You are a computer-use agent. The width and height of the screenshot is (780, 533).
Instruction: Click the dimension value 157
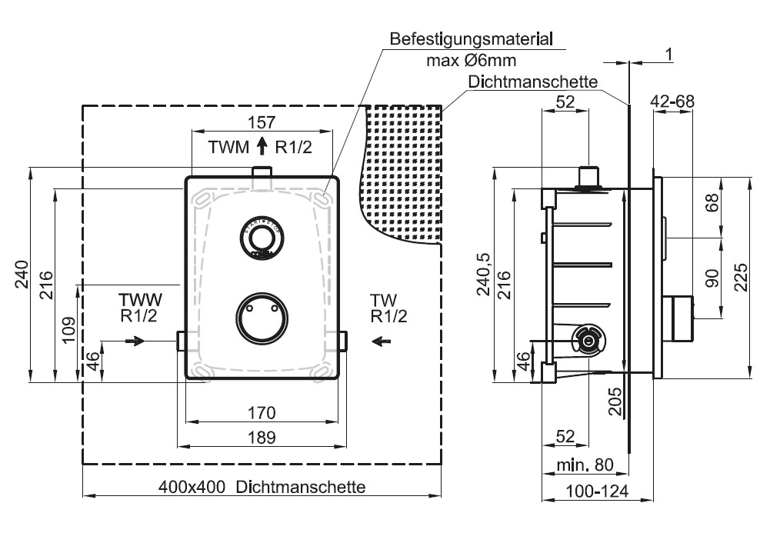(x=262, y=122)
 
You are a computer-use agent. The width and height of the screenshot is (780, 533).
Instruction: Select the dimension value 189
(x=262, y=437)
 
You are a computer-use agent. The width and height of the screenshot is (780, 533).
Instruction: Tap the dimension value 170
(x=262, y=413)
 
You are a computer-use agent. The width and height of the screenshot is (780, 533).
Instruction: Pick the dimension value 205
(x=616, y=401)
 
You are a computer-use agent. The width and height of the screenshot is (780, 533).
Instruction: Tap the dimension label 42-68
(x=672, y=101)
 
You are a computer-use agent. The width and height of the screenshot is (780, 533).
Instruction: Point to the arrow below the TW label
(x=382, y=340)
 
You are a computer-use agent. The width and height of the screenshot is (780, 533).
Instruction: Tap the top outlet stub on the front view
(x=262, y=174)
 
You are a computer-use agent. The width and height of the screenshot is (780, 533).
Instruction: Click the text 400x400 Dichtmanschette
(x=262, y=487)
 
